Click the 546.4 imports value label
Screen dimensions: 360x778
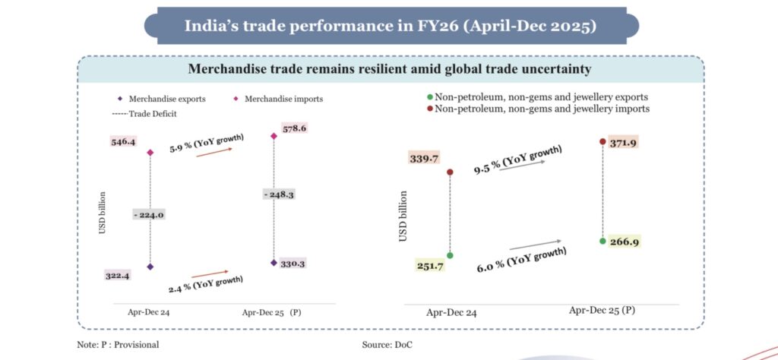(x=123, y=142)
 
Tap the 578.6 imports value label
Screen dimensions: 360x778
(x=294, y=128)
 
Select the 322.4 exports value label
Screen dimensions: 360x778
(x=116, y=276)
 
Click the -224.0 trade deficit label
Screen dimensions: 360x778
(x=148, y=215)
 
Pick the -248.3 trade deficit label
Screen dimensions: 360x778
(x=279, y=194)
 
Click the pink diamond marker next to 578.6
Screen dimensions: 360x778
(x=274, y=136)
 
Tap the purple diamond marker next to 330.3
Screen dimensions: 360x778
(x=274, y=263)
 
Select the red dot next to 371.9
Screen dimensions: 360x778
(x=602, y=142)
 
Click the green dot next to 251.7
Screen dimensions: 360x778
(x=450, y=256)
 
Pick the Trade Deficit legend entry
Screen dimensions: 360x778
(x=143, y=114)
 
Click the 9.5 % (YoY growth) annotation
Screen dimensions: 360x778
(x=517, y=160)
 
